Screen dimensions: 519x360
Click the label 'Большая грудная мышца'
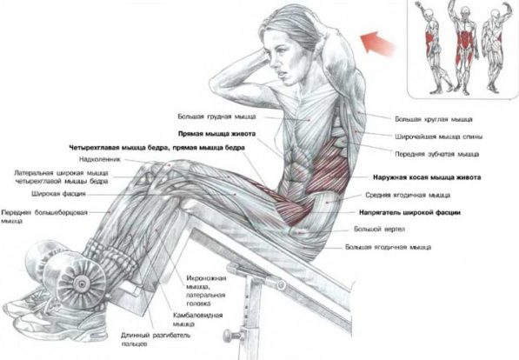tap(216, 117)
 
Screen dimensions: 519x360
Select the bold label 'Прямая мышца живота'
tap(216, 134)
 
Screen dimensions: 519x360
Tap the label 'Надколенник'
tap(100, 159)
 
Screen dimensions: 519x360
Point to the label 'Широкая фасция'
tap(58, 194)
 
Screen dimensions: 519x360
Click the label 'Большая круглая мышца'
tap(434, 119)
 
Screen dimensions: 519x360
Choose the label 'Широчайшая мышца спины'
tap(438, 137)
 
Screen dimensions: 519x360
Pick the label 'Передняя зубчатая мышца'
tap(437, 154)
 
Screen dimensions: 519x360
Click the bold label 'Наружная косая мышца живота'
tap(427, 177)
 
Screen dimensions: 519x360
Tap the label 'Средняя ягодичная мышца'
tap(408, 195)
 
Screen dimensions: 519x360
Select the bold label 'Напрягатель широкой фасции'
tap(409, 212)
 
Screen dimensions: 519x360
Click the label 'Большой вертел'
tap(379, 229)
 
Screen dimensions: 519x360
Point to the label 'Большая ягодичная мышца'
tap(388, 247)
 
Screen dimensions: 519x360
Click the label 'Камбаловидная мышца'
tap(197, 320)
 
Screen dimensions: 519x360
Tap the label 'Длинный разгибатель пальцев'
tap(156, 339)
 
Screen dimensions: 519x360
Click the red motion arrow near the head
tap(377, 43)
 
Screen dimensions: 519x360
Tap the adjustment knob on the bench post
tap(229, 335)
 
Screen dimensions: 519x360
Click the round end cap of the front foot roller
tap(81, 284)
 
